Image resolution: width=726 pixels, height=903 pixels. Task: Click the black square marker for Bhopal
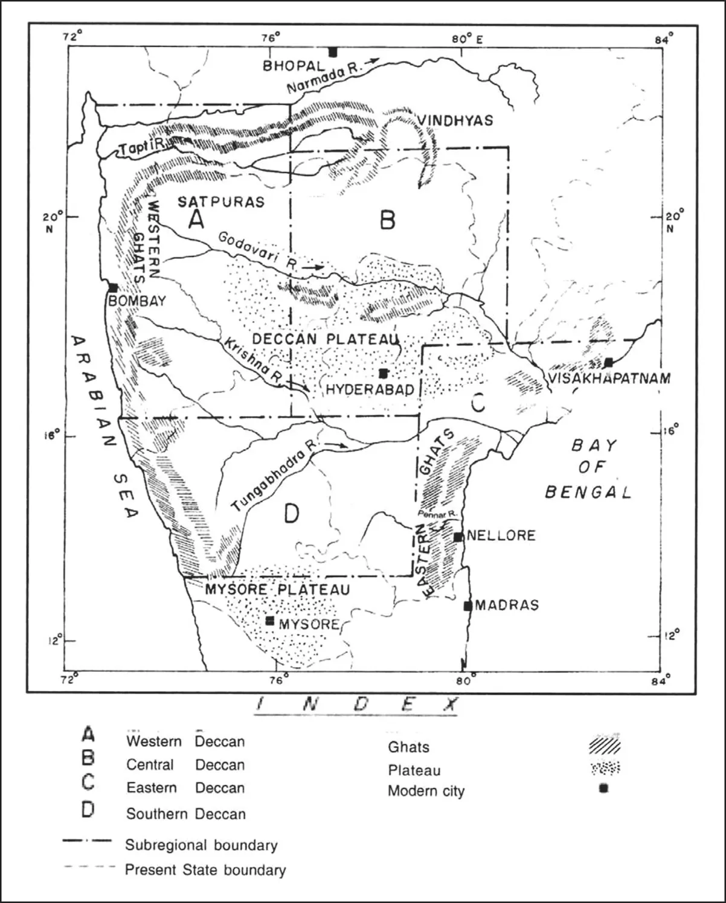[x=332, y=52]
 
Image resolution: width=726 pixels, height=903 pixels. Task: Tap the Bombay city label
[x=137, y=301]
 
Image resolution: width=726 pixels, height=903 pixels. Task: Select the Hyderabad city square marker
[x=383, y=373]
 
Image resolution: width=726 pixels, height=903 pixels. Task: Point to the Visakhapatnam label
[x=610, y=378]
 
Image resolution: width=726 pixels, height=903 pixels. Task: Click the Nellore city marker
[x=458, y=537]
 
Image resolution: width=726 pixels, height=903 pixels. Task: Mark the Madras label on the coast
[x=507, y=605]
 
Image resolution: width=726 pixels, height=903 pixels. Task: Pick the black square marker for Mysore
[x=270, y=621]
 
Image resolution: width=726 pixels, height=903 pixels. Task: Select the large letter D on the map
[x=291, y=514]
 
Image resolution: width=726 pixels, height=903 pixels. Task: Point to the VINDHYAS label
[x=455, y=120]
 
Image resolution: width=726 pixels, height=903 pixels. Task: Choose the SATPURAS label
[x=221, y=202]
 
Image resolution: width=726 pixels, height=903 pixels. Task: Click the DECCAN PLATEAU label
[x=324, y=339]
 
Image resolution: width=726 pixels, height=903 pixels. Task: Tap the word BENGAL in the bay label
[x=588, y=492]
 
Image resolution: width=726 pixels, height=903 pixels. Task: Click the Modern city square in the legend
[x=603, y=788]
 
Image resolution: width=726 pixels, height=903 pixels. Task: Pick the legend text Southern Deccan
[x=185, y=814]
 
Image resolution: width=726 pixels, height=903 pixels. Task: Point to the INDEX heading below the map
[x=356, y=704]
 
